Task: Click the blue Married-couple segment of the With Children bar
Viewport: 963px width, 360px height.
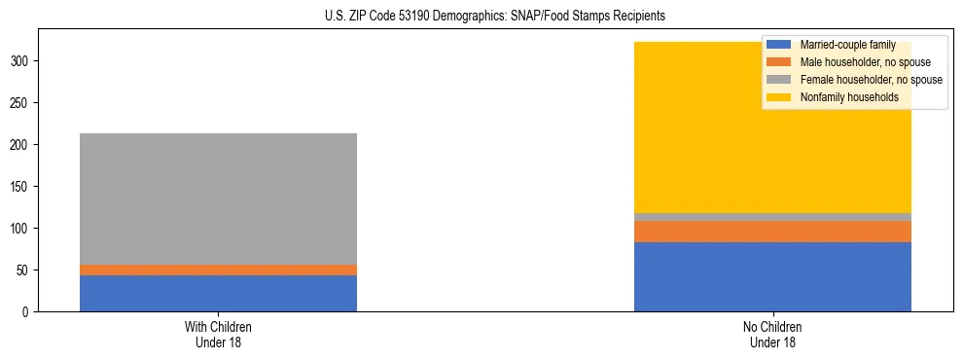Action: (x=218, y=293)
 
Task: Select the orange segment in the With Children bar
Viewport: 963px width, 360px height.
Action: (x=218, y=270)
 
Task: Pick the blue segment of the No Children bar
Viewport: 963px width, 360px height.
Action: (x=772, y=276)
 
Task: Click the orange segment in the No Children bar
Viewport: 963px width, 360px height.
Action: (x=772, y=232)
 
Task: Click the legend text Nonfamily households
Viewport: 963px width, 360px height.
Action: (x=848, y=97)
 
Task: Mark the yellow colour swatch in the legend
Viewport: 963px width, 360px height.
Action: (x=779, y=97)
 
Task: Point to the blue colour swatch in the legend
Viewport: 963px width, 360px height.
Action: (x=779, y=45)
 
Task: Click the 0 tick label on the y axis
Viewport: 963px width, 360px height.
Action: (x=30, y=312)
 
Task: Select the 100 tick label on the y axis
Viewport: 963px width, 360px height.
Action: (x=24, y=229)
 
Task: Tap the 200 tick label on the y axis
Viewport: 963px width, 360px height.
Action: (x=24, y=145)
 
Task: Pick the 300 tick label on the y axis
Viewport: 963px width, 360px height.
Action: (x=24, y=61)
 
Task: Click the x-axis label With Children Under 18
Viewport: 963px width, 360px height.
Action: (x=218, y=334)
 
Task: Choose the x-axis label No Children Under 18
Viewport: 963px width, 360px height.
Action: (x=772, y=334)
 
